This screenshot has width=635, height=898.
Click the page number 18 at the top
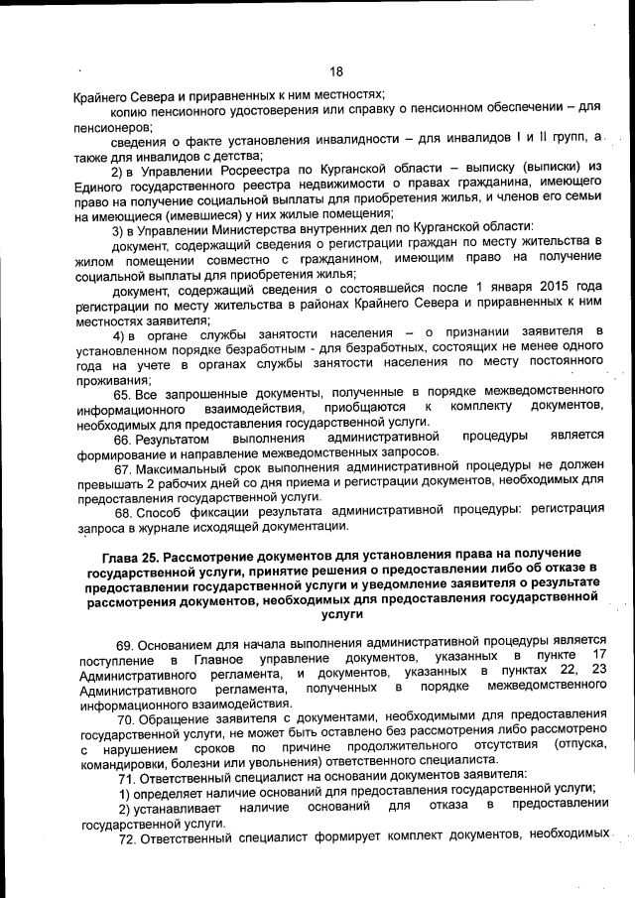(x=335, y=71)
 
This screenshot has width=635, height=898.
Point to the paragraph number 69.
(x=125, y=645)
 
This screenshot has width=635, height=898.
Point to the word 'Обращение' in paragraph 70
(x=177, y=715)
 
